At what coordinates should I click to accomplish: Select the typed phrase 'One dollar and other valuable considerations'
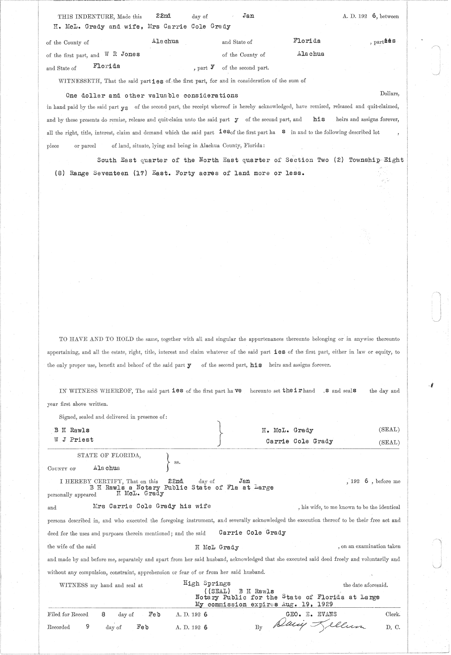point(152,96)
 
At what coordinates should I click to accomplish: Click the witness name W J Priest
point(74,440)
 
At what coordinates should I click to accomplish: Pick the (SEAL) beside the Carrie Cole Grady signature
point(389,442)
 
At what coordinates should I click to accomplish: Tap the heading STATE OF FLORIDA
point(109,455)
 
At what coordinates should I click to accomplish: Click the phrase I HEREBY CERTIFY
point(92,481)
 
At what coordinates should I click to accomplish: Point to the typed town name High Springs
point(207,583)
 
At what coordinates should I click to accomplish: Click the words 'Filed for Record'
point(68,614)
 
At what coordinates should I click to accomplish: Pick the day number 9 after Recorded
point(88,626)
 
